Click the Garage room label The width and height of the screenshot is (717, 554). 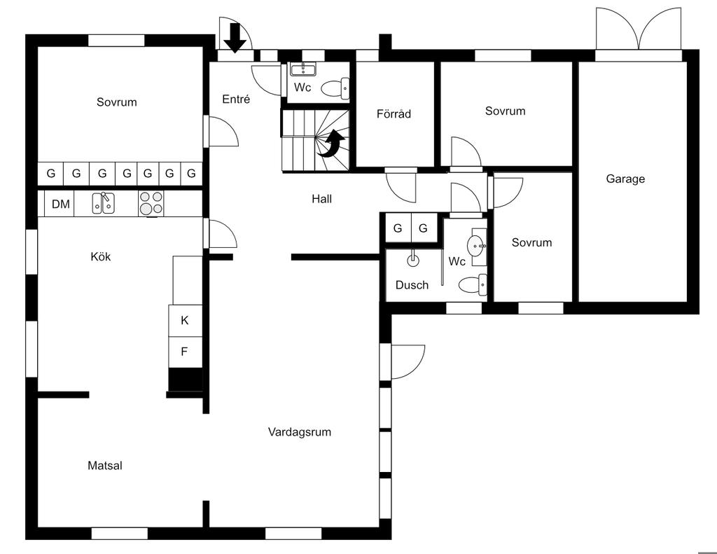(625, 179)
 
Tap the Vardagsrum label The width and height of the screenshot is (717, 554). (299, 432)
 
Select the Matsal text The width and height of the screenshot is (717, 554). (105, 465)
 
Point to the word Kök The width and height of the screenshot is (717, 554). (101, 256)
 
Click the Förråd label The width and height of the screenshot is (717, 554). (394, 114)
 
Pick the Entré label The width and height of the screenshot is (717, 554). (236, 99)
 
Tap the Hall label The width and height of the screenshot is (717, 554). (321, 199)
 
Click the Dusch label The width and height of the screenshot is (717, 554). (412, 285)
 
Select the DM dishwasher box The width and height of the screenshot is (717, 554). (61, 205)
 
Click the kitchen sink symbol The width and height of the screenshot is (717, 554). (104, 203)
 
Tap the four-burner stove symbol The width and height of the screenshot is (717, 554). (151, 203)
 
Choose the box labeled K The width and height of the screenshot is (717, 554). (185, 321)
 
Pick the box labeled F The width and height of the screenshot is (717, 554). (185, 352)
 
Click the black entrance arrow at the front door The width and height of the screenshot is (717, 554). (235, 36)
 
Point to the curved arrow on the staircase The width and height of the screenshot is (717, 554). (332, 144)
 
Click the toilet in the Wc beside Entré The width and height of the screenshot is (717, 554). (335, 88)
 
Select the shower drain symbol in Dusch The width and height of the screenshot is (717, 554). (413, 260)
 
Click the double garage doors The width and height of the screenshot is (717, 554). (638, 29)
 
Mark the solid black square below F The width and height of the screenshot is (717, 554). (185, 379)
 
